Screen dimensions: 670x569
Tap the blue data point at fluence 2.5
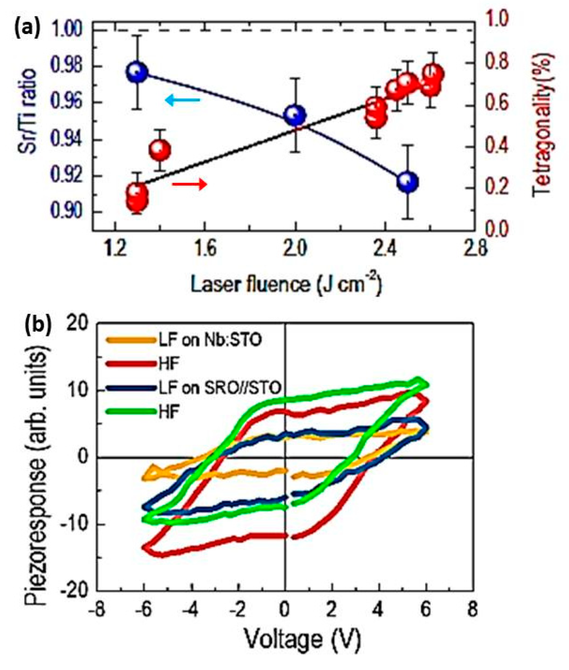tap(408, 182)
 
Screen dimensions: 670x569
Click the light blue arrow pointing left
tap(183, 101)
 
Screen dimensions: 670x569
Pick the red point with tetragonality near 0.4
tap(160, 150)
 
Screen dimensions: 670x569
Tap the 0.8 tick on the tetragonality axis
tap(497, 62)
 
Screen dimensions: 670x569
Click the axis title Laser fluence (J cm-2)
tap(286, 285)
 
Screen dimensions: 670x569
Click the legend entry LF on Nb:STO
tap(210, 340)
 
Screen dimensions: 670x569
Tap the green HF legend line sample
tap(131, 412)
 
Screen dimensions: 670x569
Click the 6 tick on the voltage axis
tap(426, 609)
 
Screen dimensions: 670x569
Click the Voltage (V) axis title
tap(302, 639)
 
